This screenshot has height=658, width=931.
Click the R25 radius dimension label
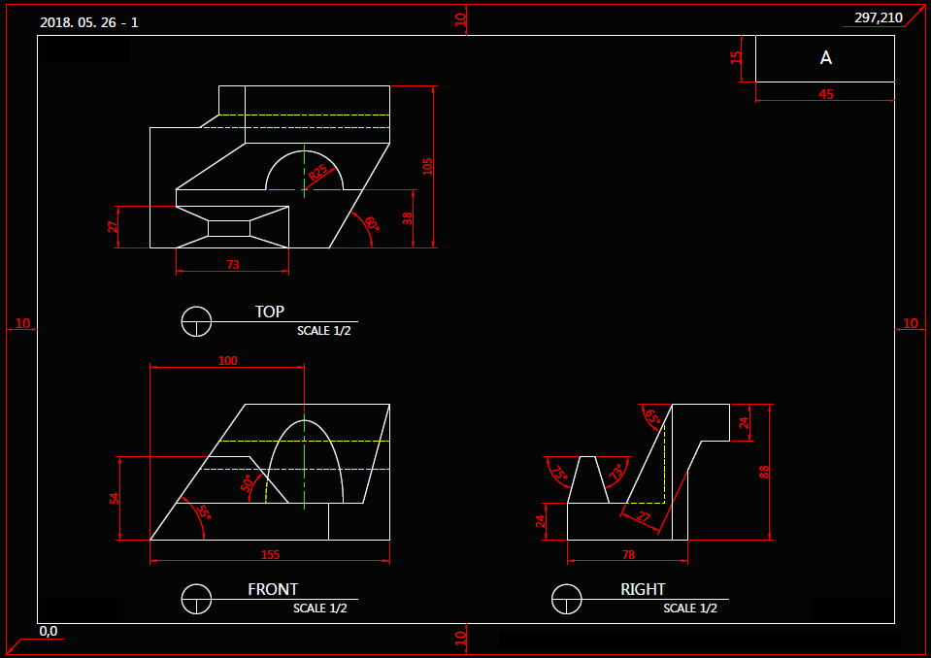pyautogui.click(x=318, y=173)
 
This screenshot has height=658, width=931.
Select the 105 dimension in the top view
pyautogui.click(x=427, y=166)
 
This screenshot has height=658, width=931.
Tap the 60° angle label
pyautogui.click(x=372, y=223)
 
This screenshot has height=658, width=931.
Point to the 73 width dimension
pyautogui.click(x=233, y=265)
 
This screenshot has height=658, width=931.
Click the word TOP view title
pyautogui.click(x=270, y=312)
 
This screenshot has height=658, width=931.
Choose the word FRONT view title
pyautogui.click(x=273, y=589)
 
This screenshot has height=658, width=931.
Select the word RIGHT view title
pyautogui.click(x=643, y=589)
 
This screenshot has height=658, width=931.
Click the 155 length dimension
pyautogui.click(x=270, y=555)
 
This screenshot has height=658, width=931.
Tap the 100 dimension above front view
pyautogui.click(x=227, y=361)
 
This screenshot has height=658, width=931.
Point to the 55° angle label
pyautogui.click(x=204, y=510)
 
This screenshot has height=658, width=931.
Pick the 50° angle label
pyautogui.click(x=248, y=483)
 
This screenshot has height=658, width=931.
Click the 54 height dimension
pyautogui.click(x=115, y=499)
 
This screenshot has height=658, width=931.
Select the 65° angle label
pyautogui.click(x=652, y=417)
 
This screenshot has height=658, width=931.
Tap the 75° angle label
pyautogui.click(x=559, y=473)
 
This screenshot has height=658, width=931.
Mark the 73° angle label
pyautogui.click(x=616, y=472)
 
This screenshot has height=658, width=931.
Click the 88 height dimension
pyautogui.click(x=764, y=473)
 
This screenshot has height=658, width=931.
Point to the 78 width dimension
pyautogui.click(x=628, y=555)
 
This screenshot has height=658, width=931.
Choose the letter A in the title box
pyautogui.click(x=825, y=57)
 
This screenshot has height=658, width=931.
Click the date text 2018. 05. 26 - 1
pyautogui.click(x=89, y=22)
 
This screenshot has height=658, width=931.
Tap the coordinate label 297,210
pyautogui.click(x=879, y=17)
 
